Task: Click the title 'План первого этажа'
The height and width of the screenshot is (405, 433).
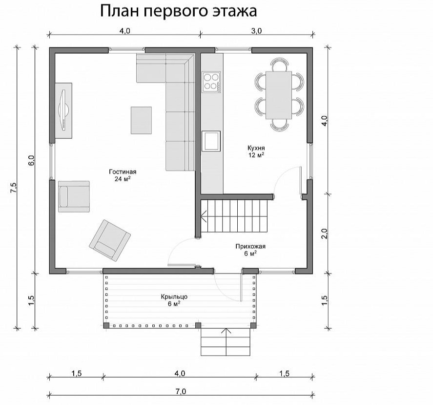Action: pyautogui.click(x=178, y=12)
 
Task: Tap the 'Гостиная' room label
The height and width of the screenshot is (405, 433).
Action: pyautogui.click(x=123, y=171)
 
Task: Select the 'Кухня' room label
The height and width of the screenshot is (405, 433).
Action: pyautogui.click(x=256, y=148)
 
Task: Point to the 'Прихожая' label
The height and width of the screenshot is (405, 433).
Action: pyautogui.click(x=250, y=246)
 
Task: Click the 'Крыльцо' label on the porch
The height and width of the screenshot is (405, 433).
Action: pyautogui.click(x=174, y=297)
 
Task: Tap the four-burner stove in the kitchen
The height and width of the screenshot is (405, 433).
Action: pyautogui.click(x=211, y=82)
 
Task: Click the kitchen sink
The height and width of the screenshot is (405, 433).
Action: pyautogui.click(x=211, y=141)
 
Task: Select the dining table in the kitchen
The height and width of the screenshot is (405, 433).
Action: pyautogui.click(x=279, y=95)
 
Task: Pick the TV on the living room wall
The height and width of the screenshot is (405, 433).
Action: pyautogui.click(x=63, y=110)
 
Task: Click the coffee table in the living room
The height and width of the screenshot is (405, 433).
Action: pyautogui.click(x=141, y=120)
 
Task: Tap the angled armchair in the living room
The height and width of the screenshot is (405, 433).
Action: pyautogui.click(x=110, y=240)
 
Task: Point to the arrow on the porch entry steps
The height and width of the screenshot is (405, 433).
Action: pyautogui.click(x=227, y=341)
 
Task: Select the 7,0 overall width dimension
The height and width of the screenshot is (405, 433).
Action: pyautogui.click(x=181, y=391)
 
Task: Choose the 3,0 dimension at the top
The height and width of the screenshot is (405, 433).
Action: pyautogui.click(x=256, y=31)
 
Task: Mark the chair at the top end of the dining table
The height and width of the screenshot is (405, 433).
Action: pyautogui.click(x=279, y=64)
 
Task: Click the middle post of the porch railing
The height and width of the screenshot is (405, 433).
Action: pyautogui.click(x=198, y=325)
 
